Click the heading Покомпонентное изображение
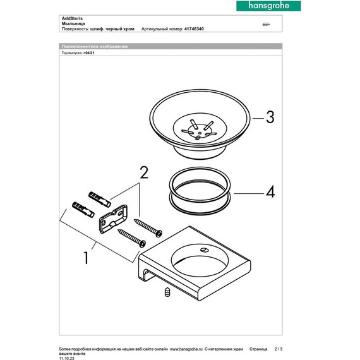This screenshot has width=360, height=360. pyautogui.click(x=95, y=47)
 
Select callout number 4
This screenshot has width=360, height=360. pyautogui.click(x=270, y=192)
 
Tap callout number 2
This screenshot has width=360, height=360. pyautogui.click(x=143, y=171)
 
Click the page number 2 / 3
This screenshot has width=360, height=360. pyautogui.click(x=279, y=348)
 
